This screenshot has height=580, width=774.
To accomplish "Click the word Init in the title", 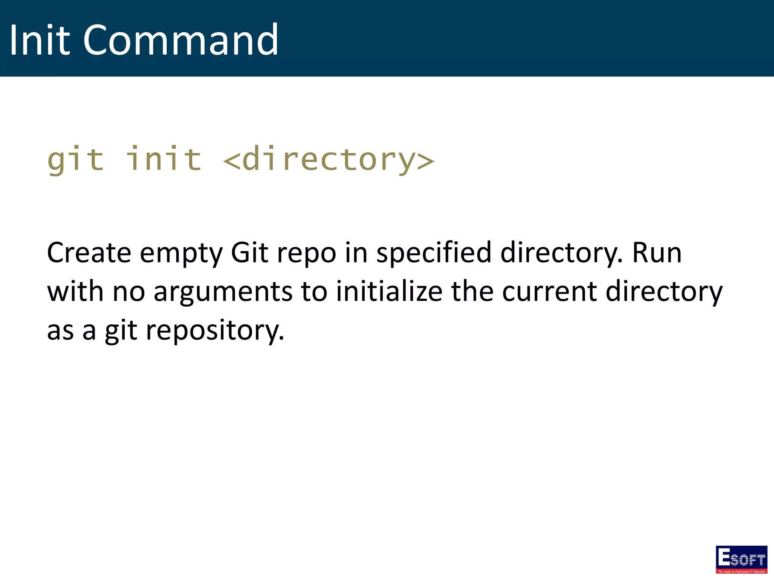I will [x=39, y=40].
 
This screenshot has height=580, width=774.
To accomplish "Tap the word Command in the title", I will [x=181, y=40].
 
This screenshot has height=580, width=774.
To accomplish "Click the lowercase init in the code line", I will [x=163, y=159].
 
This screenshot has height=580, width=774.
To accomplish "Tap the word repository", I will [x=215, y=331].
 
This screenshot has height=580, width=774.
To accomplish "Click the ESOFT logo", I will [x=741, y=559].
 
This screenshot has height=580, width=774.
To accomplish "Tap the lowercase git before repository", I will [x=121, y=331].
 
